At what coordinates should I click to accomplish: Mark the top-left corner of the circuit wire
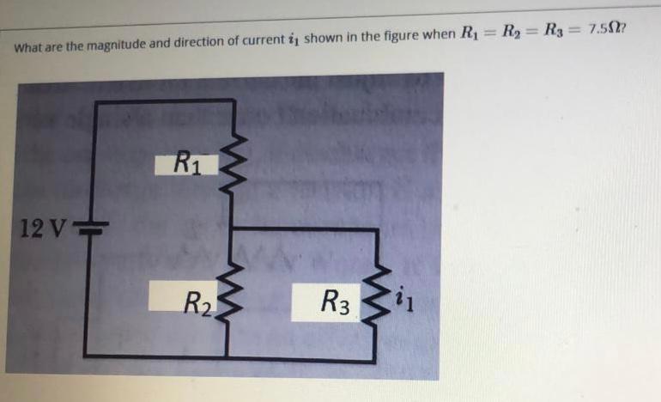pos(94,102)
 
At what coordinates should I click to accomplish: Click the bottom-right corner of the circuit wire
pos(375,357)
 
